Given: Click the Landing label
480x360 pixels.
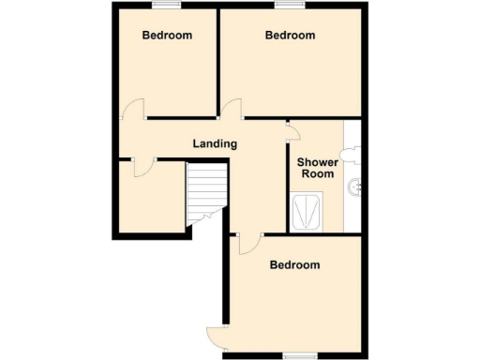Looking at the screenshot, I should tap(214, 143).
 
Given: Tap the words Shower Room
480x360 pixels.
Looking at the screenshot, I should tap(317, 168).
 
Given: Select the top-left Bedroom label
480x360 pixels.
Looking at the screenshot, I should tap(167, 36).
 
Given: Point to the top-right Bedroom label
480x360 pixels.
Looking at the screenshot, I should tap(290, 36).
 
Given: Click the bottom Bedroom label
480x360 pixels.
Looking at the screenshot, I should tap(294, 264).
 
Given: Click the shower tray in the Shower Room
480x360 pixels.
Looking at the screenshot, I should tap(308, 212).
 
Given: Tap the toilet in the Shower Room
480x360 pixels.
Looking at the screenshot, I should tap(350, 151).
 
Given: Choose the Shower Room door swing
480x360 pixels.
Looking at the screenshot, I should tap(293, 131).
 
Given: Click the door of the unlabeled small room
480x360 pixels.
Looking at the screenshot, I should tap(143, 167).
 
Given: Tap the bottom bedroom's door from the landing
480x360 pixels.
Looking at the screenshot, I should tap(248, 243).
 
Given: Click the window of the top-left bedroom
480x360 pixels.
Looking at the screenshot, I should tap(168, 6).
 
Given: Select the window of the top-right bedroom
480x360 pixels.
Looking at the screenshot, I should tap(290, 6).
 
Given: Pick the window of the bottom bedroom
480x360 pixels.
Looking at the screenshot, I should tap(298, 355).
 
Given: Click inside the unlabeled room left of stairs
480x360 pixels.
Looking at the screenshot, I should tap(150, 199).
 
